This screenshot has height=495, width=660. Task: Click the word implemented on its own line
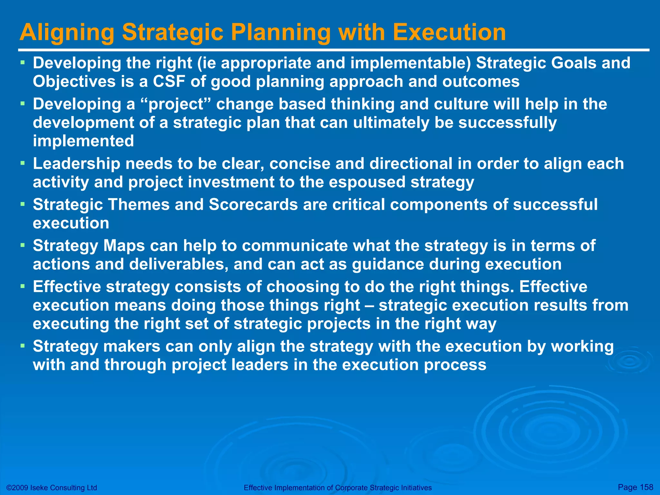[x=83, y=141]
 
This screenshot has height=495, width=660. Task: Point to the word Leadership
[x=76, y=164]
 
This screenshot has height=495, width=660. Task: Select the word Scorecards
[x=253, y=205]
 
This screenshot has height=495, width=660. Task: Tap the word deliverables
[x=179, y=264]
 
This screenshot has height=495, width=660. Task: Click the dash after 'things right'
[x=369, y=306]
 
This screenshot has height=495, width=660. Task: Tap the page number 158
[x=646, y=487]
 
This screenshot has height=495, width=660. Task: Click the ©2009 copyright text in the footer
[x=52, y=488]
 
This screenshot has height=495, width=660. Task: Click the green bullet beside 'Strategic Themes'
[x=23, y=204]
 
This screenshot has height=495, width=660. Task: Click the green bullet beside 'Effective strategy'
[x=23, y=286]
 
